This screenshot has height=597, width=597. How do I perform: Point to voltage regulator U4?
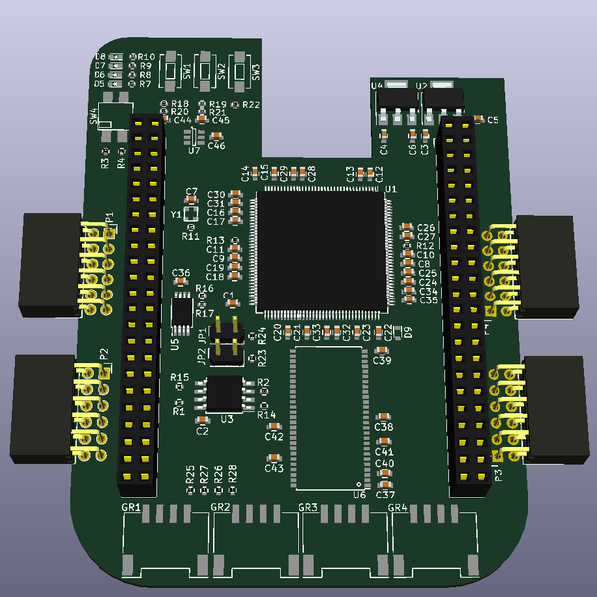click(x=395, y=99)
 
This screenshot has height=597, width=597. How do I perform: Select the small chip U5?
click(x=182, y=312)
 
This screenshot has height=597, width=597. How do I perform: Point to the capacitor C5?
click(x=479, y=119)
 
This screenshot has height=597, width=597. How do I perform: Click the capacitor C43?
click(x=273, y=456)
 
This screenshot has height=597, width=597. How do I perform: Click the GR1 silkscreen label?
click(x=130, y=508)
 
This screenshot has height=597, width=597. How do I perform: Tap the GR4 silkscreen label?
click(x=397, y=508)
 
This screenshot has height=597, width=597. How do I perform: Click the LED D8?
click(x=115, y=57)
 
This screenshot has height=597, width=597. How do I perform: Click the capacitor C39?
click(x=381, y=349)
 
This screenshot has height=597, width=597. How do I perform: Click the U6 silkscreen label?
click(x=359, y=493)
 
